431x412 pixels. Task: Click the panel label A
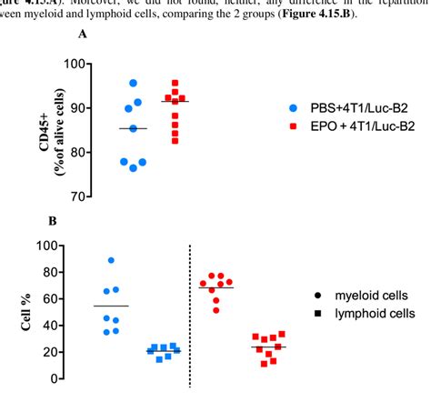click(x=84, y=34)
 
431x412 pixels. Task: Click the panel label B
click(x=52, y=220)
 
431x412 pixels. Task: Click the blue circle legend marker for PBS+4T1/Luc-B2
click(x=293, y=107)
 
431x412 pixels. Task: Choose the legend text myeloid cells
click(x=369, y=296)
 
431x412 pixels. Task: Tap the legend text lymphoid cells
click(x=373, y=314)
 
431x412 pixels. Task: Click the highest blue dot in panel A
click(x=134, y=83)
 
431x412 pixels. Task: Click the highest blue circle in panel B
click(x=111, y=260)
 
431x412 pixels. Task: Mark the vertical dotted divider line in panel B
click(x=189, y=314)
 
